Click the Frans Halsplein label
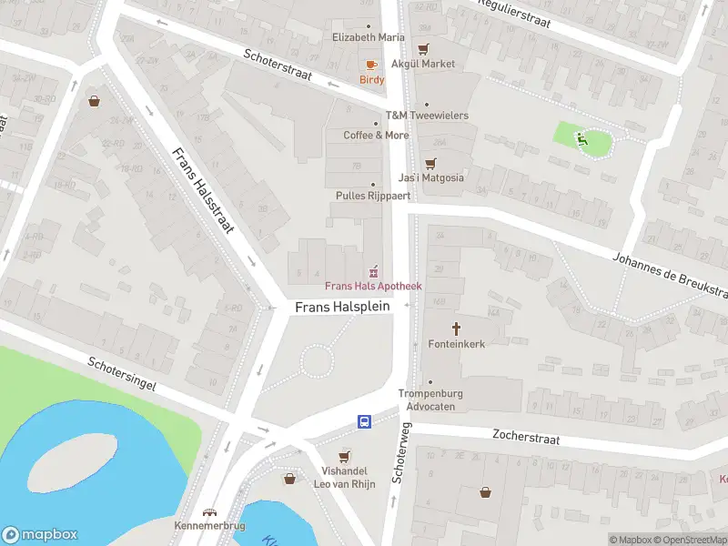click(x=342, y=308)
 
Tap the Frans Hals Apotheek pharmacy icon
click(x=372, y=271)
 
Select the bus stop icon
click(x=364, y=421)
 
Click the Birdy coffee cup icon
click(x=371, y=65)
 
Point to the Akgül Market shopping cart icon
click(x=422, y=49)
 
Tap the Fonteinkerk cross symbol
click(x=456, y=328)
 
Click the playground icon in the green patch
click(x=582, y=138)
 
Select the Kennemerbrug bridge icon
click(x=210, y=512)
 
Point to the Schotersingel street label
click(x=122, y=373)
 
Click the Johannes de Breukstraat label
click(x=669, y=275)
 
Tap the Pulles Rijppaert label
click(x=373, y=196)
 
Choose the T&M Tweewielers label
click(x=427, y=116)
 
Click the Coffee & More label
click(x=376, y=135)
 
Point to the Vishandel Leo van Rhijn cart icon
click(x=344, y=457)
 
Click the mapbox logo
click(x=40, y=535)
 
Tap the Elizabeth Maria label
click(x=369, y=37)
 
